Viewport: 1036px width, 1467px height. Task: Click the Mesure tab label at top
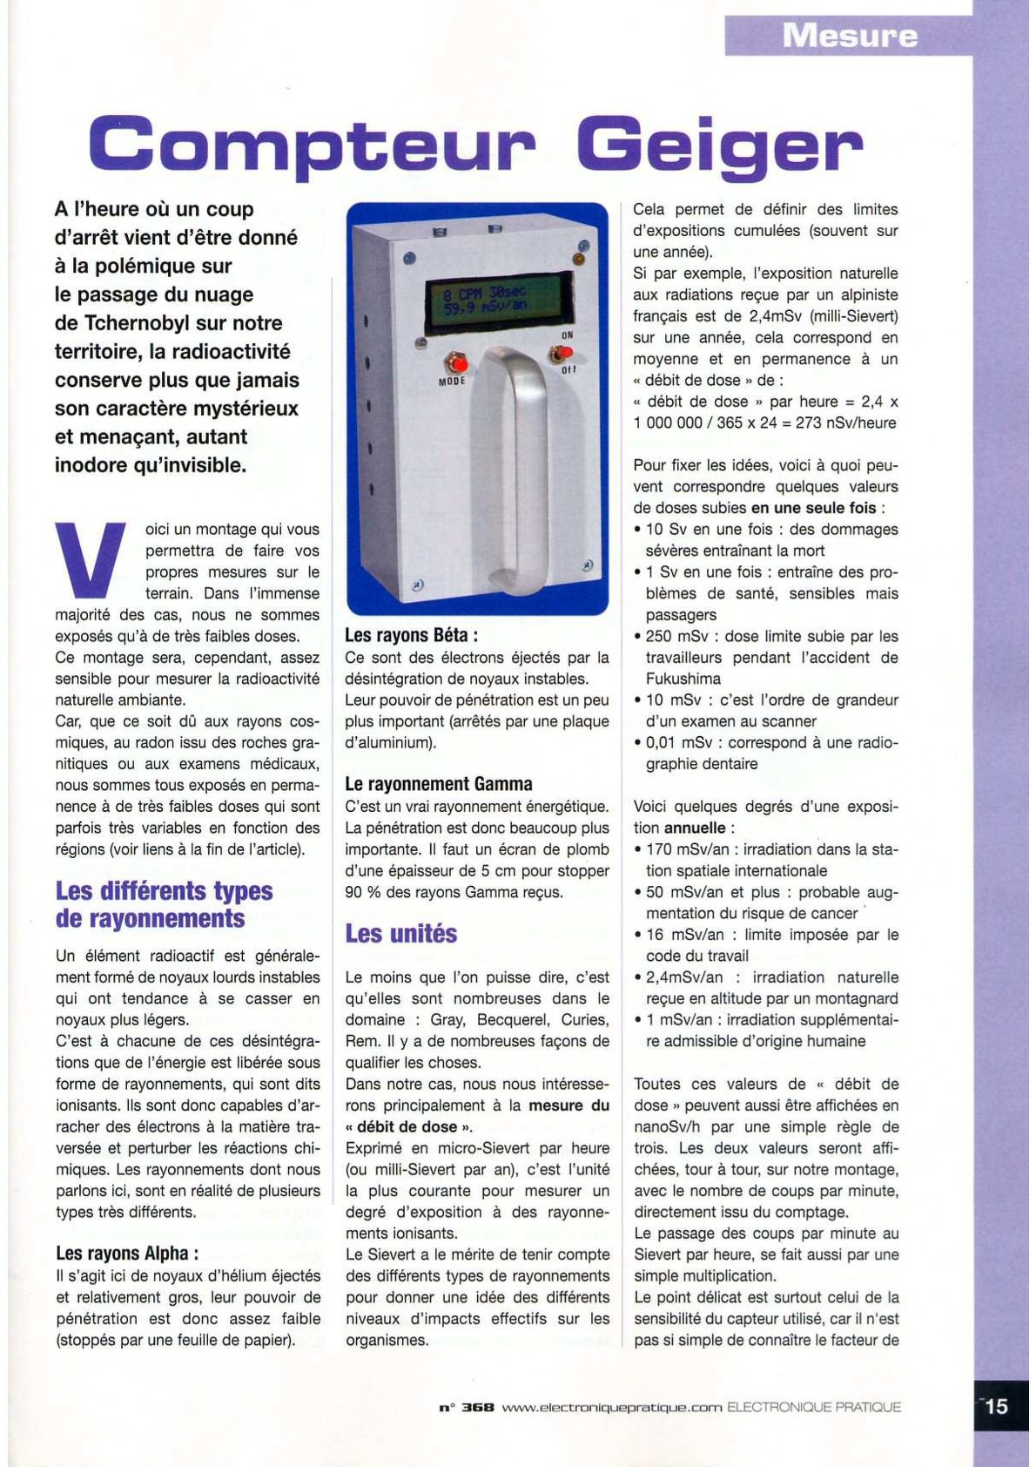pyautogui.click(x=849, y=36)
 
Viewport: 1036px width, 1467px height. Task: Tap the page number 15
pyautogui.click(x=996, y=1405)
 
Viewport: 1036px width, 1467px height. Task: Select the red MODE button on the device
pyautogui.click(x=455, y=362)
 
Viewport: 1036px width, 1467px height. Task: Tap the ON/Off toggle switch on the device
pyautogui.click(x=562, y=353)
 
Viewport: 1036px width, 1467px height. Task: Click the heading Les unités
pyautogui.click(x=401, y=934)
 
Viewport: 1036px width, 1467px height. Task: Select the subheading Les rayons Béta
pyautogui.click(x=411, y=635)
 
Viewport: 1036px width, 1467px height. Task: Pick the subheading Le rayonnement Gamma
pyautogui.click(x=439, y=784)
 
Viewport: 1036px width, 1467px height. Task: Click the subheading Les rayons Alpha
pyautogui.click(x=127, y=1253)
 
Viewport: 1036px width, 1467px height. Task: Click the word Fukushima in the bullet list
pyautogui.click(x=683, y=679)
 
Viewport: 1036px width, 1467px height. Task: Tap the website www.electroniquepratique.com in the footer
pyautogui.click(x=612, y=1407)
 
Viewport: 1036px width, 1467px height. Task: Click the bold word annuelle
pyautogui.click(x=695, y=828)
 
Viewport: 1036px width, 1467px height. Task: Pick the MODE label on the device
pyautogui.click(x=452, y=381)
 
